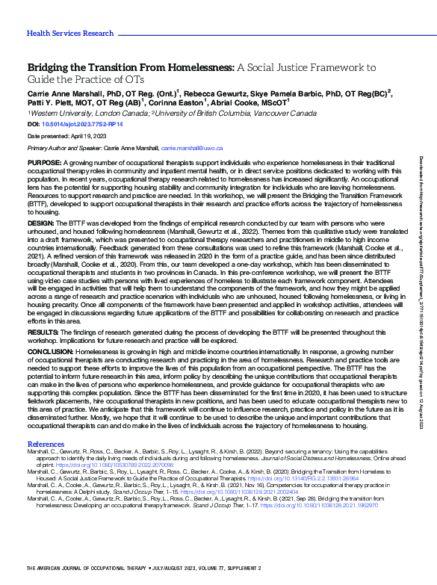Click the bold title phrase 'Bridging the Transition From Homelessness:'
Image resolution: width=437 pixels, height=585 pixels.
tap(130, 66)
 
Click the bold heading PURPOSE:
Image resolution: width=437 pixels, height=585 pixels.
tap(45, 163)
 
